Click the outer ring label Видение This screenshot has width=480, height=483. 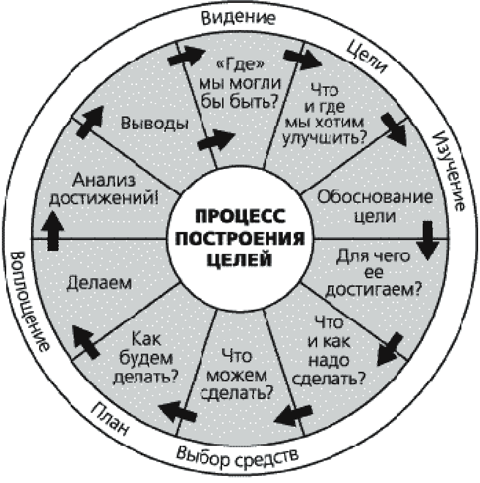pyautogui.click(x=238, y=19)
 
